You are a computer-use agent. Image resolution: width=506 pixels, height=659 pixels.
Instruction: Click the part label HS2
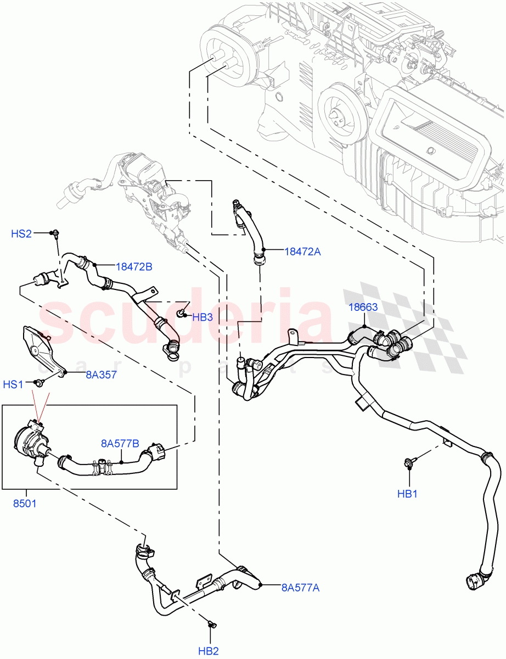coord(21,234)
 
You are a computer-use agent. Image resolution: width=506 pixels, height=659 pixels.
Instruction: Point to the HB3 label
coord(202,316)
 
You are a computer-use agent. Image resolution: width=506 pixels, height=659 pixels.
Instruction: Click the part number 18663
coord(363,308)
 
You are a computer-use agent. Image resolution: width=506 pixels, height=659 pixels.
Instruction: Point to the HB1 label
coord(408,494)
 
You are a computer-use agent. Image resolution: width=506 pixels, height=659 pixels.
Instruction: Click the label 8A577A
coord(300,588)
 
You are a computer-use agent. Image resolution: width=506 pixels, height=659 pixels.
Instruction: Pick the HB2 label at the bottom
coord(209,651)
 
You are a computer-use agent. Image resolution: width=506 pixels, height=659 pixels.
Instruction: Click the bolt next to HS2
coord(56,235)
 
